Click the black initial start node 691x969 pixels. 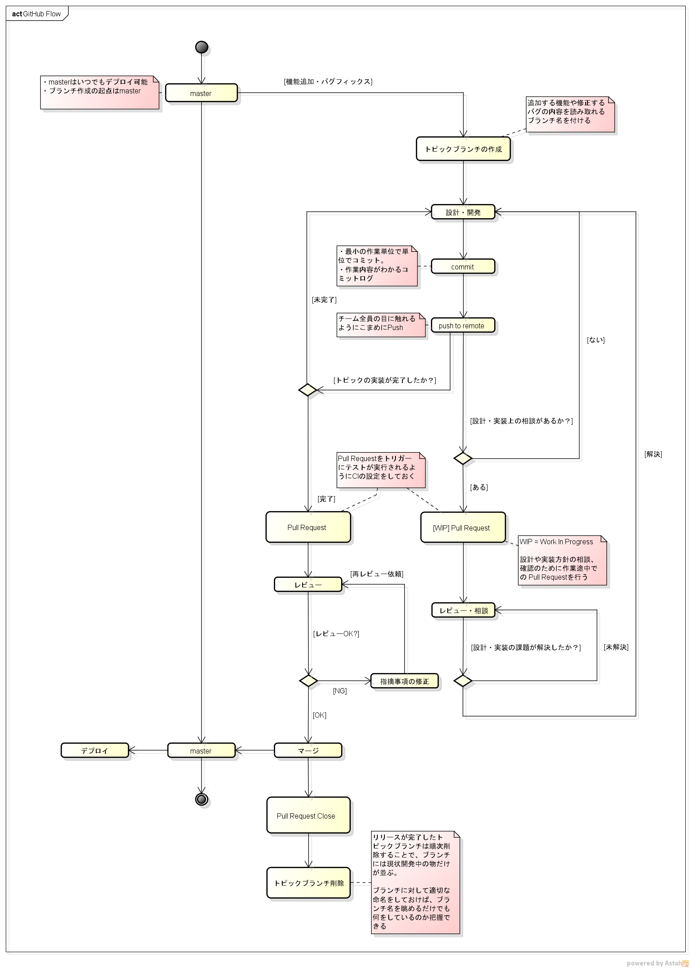tap(201, 47)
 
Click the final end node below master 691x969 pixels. tap(201, 799)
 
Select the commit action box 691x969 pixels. tap(463, 267)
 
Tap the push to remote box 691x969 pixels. tap(463, 326)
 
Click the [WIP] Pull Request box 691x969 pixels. tap(463, 528)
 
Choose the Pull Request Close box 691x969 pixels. tap(308, 816)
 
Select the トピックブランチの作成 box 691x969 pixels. tap(463, 149)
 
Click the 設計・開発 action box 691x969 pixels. tap(463, 212)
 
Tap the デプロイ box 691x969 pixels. tap(95, 751)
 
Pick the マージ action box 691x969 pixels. tap(308, 751)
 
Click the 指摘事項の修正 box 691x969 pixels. tap(404, 681)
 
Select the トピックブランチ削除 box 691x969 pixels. tap(308, 883)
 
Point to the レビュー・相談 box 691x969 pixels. tap(463, 611)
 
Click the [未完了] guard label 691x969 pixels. tap(324, 300)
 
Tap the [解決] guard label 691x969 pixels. tap(653, 454)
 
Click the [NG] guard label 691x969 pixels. tap(340, 691)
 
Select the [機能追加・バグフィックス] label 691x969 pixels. tap(328, 82)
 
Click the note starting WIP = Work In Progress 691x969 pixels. tap(562, 560)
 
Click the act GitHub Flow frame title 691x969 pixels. tap(37, 14)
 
